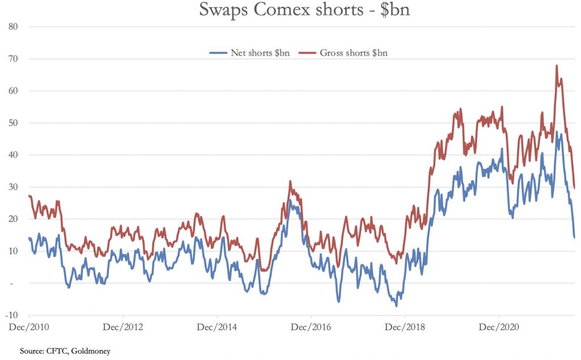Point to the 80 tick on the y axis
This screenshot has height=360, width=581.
[x=15, y=27]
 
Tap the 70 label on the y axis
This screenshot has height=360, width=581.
[x=15, y=59]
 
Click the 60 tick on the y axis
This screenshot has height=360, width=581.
[x=15, y=91]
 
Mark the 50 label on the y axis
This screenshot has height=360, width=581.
[x=15, y=123]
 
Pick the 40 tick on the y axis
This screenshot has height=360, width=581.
[x=15, y=155]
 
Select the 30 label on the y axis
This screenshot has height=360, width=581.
[x=15, y=187]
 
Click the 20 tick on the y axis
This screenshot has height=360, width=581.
[x=15, y=219]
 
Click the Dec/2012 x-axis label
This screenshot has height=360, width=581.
[x=123, y=327]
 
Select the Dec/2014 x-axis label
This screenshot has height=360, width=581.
[x=217, y=327]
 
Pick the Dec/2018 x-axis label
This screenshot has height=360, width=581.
[x=405, y=327]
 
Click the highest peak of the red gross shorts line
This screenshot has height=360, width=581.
[x=557, y=66]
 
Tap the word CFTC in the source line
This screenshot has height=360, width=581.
[x=56, y=351]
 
